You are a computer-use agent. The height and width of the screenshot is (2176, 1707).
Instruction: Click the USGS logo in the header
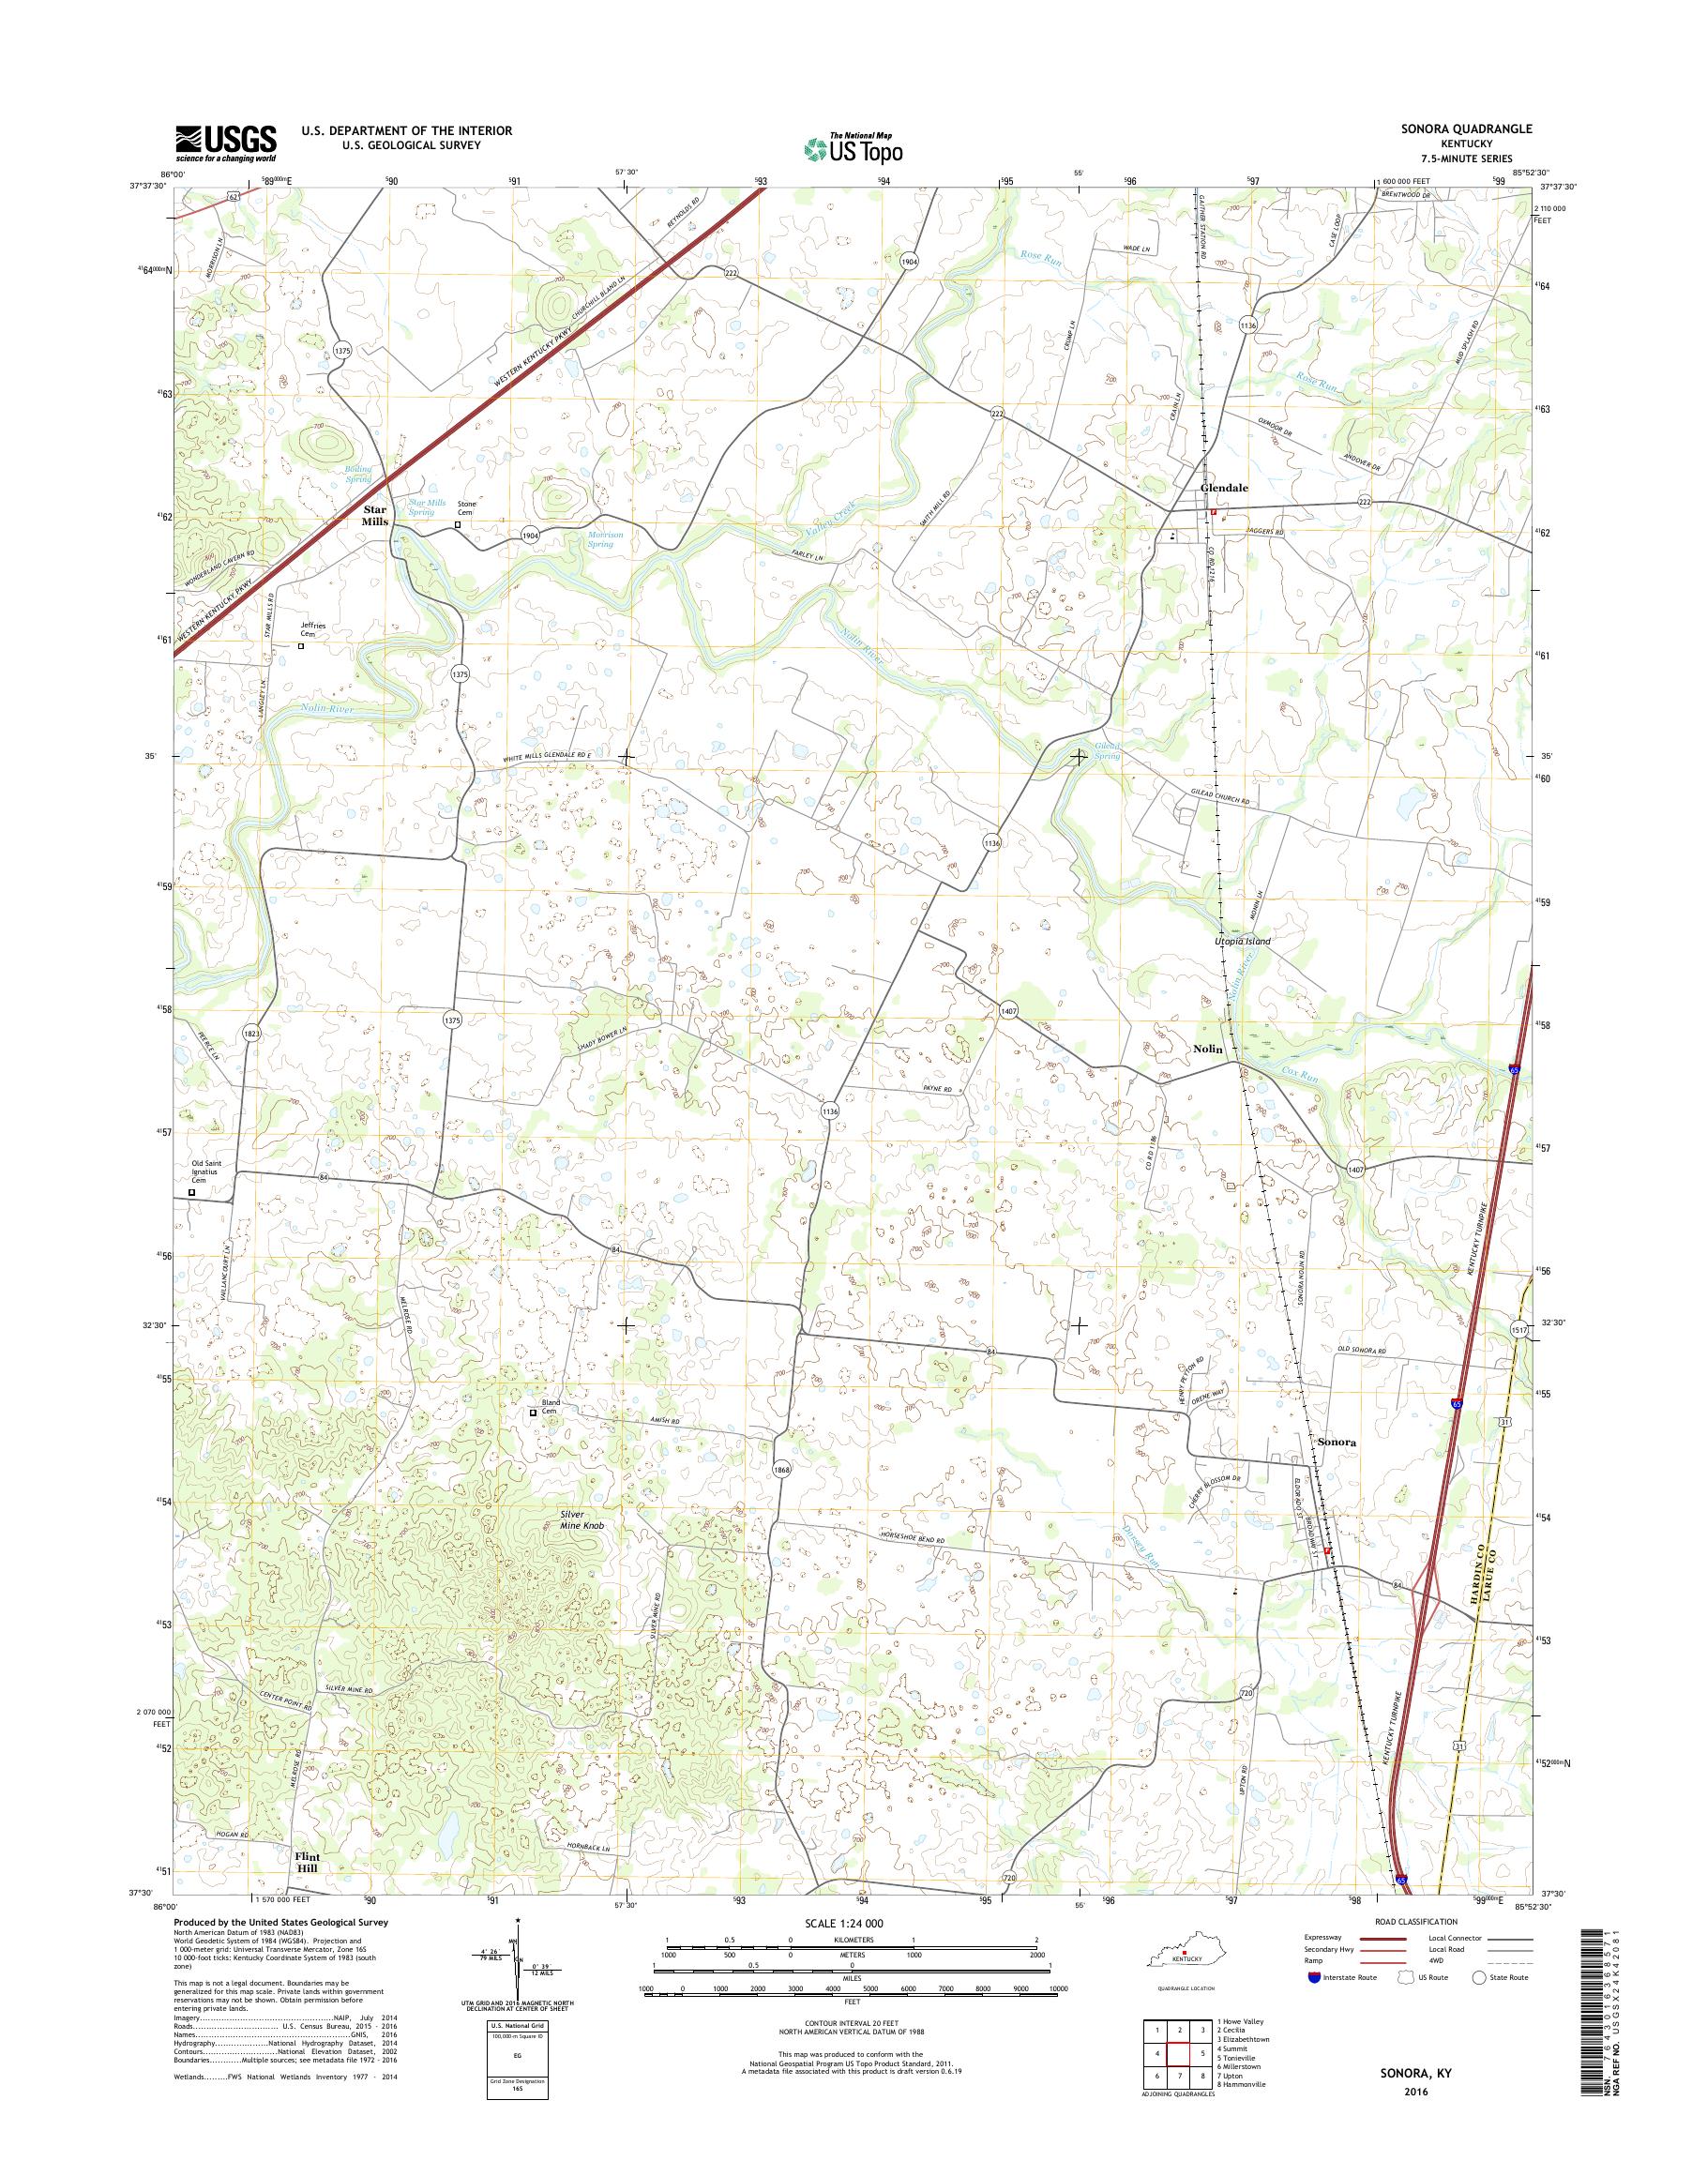click(x=226, y=142)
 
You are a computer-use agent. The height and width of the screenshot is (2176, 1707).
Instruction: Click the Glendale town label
click(x=1224, y=488)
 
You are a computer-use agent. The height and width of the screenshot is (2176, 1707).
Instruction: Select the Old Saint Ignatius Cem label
click(x=211, y=1171)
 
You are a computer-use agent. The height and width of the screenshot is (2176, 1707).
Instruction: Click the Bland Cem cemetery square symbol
click(x=533, y=1413)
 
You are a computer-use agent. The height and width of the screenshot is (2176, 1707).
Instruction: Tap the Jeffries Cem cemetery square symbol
click(x=301, y=645)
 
